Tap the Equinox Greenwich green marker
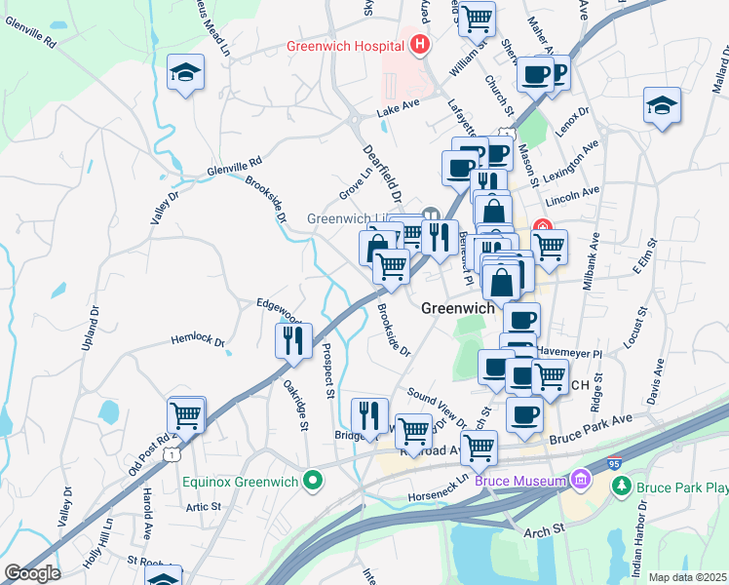(x=312, y=480)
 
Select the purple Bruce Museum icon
(x=581, y=480)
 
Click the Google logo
(x=32, y=572)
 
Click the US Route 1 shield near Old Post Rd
(x=173, y=454)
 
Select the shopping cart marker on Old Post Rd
(x=185, y=415)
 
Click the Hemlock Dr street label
(x=198, y=342)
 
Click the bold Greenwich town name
(x=459, y=307)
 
